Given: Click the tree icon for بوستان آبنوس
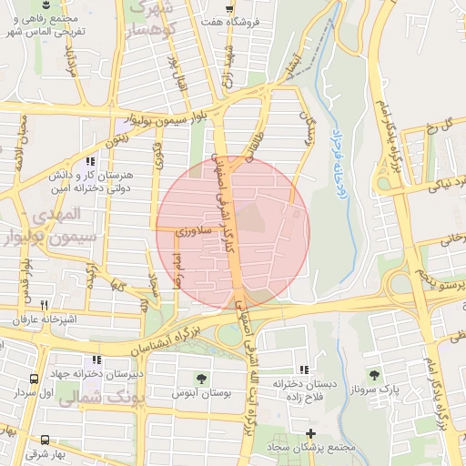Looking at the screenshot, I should tap(200, 378).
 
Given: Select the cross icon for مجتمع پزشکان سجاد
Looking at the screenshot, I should tap(311, 434).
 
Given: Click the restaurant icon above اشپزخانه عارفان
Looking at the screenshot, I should tap(44, 305).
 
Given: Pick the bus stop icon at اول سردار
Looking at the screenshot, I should tap(34, 379).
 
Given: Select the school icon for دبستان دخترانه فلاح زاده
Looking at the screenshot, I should tap(302, 370).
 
